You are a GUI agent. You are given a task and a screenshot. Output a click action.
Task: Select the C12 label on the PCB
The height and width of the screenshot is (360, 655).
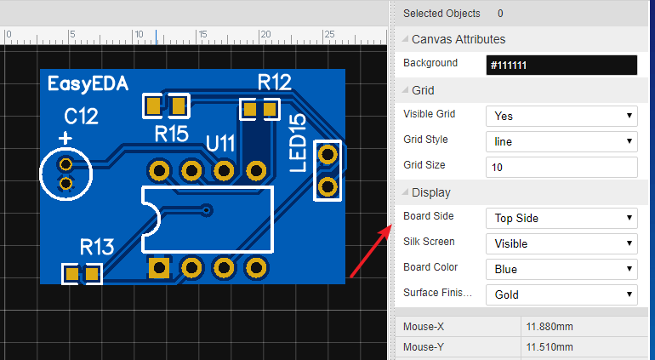(x=81, y=115)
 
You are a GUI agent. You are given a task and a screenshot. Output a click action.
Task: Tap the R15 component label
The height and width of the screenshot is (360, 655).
(x=171, y=134)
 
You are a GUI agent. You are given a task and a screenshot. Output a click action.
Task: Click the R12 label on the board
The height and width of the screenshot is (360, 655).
(x=274, y=82)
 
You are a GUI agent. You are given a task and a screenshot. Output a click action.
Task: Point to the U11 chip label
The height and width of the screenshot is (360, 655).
(x=220, y=142)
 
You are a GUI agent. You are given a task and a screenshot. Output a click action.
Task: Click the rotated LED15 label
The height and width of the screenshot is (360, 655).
(x=298, y=142)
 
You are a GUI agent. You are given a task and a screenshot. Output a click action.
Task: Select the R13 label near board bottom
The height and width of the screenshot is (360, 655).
(x=97, y=247)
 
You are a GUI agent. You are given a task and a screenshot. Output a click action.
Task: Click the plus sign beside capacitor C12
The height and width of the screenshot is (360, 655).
(x=65, y=137)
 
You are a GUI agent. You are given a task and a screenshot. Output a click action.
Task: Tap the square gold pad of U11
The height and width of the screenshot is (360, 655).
(x=159, y=269)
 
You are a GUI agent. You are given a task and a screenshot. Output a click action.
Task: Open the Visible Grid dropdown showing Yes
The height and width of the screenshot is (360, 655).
(x=561, y=116)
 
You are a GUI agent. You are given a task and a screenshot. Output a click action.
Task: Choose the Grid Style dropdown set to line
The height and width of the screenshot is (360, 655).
(x=561, y=141)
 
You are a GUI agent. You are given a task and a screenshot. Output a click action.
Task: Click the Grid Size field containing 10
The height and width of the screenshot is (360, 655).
(x=561, y=168)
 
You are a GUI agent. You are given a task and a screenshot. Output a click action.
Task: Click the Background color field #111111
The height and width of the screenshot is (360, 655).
(x=561, y=66)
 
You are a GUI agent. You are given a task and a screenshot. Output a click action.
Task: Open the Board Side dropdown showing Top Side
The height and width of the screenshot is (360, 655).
(x=561, y=218)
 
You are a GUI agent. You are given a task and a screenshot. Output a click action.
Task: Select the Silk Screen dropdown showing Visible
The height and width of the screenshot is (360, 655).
(x=561, y=243)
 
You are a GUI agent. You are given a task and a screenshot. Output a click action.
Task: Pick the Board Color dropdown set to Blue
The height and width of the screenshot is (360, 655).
(x=561, y=269)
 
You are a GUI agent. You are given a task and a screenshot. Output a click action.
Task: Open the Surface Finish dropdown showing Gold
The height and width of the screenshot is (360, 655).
(x=561, y=294)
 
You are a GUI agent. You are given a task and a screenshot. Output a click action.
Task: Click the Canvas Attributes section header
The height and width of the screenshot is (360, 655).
(x=458, y=39)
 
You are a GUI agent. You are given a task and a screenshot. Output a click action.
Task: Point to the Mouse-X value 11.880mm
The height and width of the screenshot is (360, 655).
(x=549, y=325)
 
